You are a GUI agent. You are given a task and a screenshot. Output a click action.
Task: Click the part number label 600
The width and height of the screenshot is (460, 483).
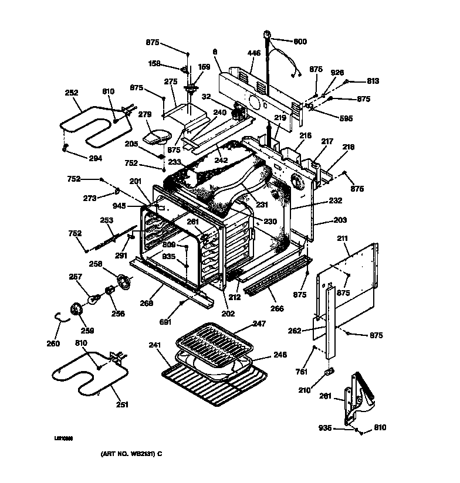pos(300,42)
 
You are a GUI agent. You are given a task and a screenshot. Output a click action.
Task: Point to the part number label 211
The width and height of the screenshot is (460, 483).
pos(343,239)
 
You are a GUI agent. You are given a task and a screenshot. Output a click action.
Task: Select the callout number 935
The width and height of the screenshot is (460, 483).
pos(325,428)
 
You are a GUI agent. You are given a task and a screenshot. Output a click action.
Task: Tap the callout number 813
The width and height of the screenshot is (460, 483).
pos(373,81)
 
